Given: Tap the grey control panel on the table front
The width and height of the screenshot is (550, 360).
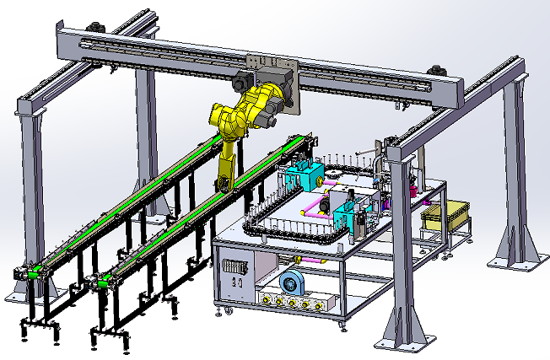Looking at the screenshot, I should [x=234, y=269].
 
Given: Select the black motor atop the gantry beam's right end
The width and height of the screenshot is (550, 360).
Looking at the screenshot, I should [x=438, y=71].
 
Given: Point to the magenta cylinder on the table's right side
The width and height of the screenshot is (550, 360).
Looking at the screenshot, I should [x=415, y=191].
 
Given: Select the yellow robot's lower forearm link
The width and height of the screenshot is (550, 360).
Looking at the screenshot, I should [x=228, y=164].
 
